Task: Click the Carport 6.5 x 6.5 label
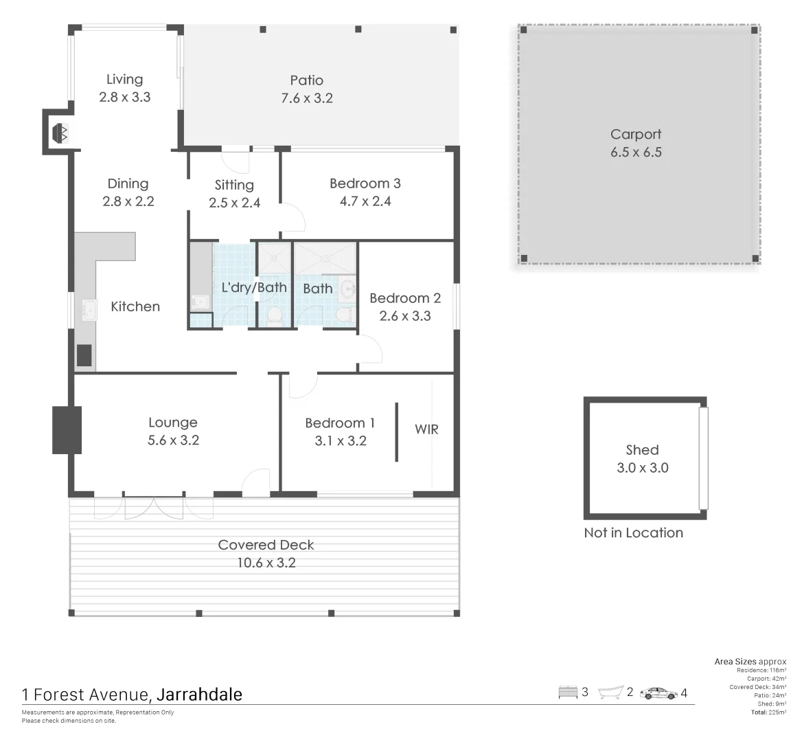coord(636,144)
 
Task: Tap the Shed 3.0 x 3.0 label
coord(642,459)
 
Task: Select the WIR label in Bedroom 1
coord(426,429)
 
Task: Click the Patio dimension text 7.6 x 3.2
coord(307,98)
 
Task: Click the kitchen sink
coord(88,310)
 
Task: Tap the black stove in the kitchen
coord(84,355)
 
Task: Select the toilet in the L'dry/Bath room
coord(274,317)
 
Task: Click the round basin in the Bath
coord(347,288)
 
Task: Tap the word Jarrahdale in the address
coord(199,695)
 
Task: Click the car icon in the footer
coord(658,693)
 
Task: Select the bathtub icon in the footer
coord(610,693)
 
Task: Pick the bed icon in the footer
coord(568,693)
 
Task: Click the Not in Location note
coord(633,533)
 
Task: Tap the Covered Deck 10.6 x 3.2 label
coord(266,554)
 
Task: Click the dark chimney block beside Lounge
coord(67,430)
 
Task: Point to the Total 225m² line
coord(768,712)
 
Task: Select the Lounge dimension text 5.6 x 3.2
coord(173,441)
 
